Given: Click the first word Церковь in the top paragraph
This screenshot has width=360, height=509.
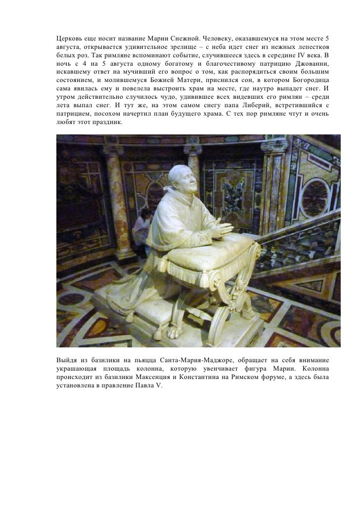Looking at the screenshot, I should click(x=67, y=39).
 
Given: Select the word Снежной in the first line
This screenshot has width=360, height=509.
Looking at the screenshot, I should click(x=182, y=39).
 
